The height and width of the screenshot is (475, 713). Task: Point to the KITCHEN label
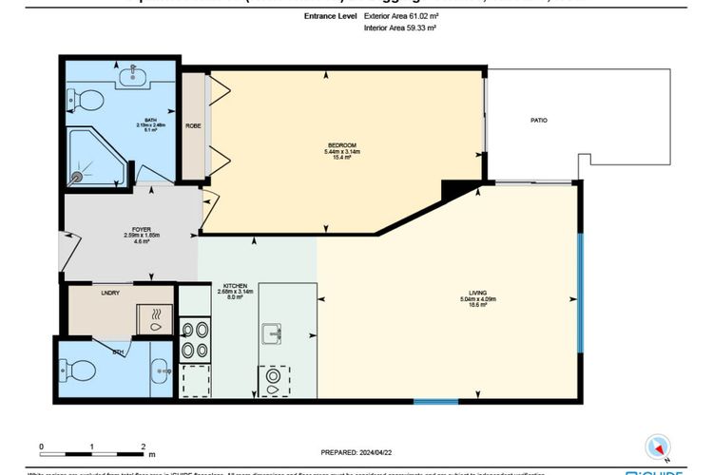[235, 285]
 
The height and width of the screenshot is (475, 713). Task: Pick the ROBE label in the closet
[193, 125]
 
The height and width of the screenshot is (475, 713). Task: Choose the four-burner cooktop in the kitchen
[194, 336]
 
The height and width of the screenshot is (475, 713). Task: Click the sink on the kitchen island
[273, 333]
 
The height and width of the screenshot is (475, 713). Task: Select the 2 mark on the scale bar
[143, 446]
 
